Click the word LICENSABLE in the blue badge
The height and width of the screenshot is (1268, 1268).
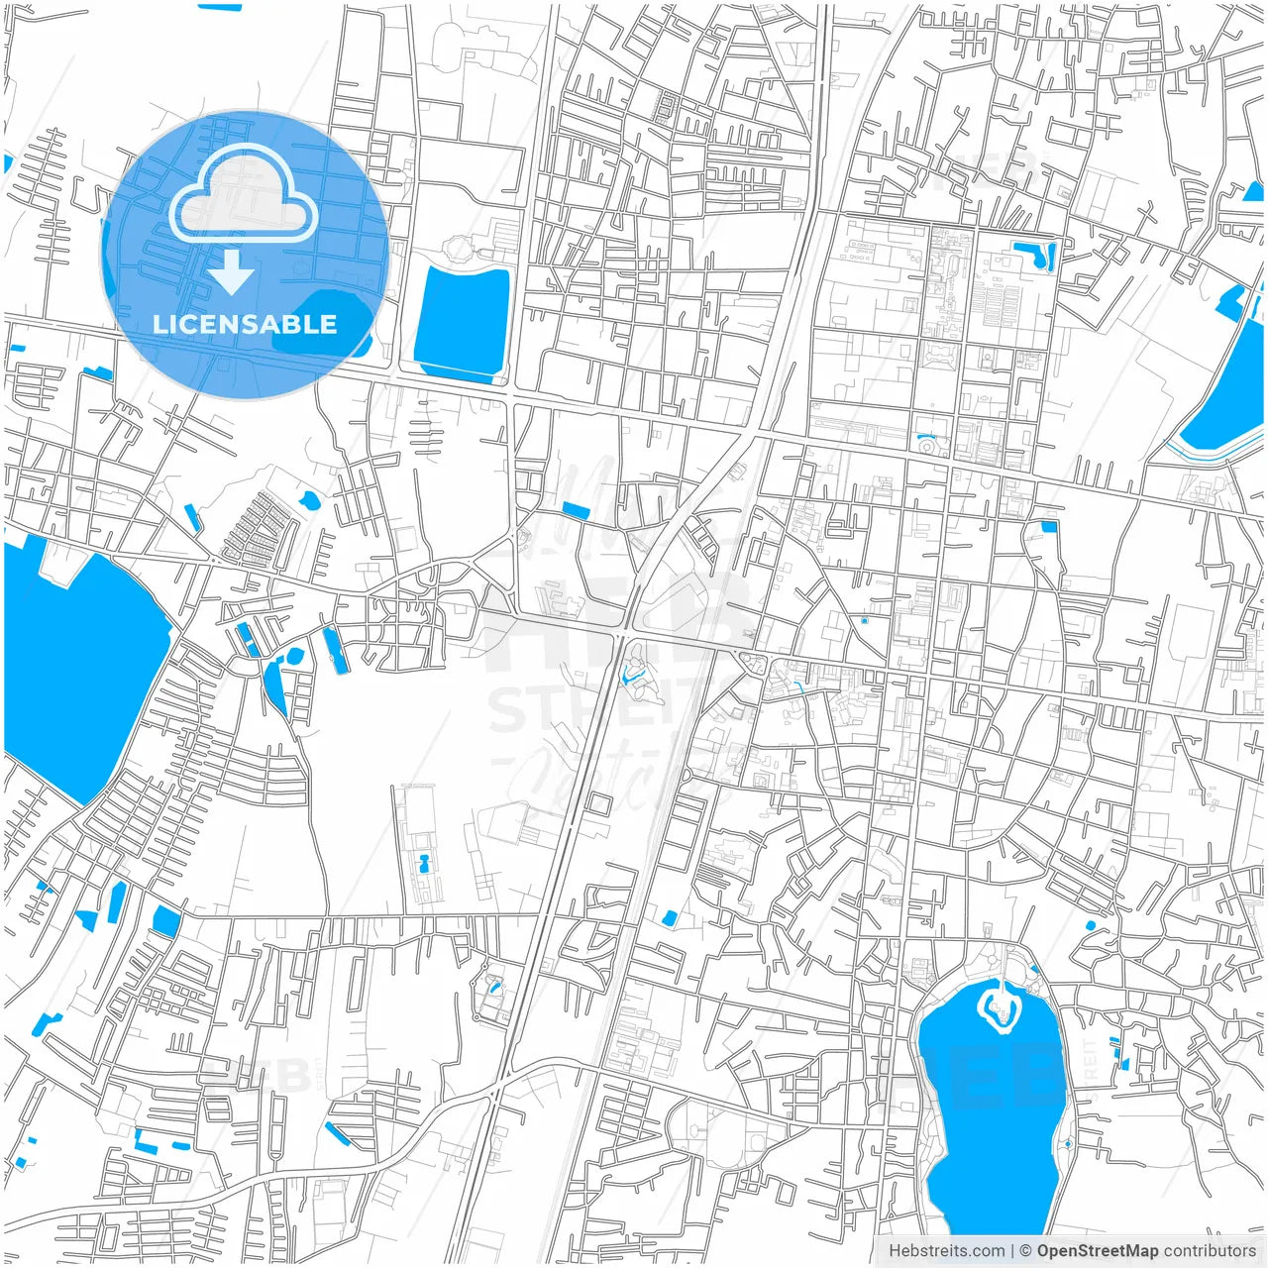[245, 324]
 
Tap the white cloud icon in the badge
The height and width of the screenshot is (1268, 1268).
[243, 193]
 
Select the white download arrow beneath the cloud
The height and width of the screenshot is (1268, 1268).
[232, 272]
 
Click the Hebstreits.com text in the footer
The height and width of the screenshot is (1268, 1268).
[946, 1251]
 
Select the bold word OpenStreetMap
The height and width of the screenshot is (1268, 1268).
[1097, 1251]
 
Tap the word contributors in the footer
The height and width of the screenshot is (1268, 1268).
[1210, 1251]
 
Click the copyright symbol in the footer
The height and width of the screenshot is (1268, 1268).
[1026, 1251]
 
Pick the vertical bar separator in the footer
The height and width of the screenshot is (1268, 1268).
[1012, 1251]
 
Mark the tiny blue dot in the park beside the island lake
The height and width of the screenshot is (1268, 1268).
[1068, 1143]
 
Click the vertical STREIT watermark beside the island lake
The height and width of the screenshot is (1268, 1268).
[1090, 1060]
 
